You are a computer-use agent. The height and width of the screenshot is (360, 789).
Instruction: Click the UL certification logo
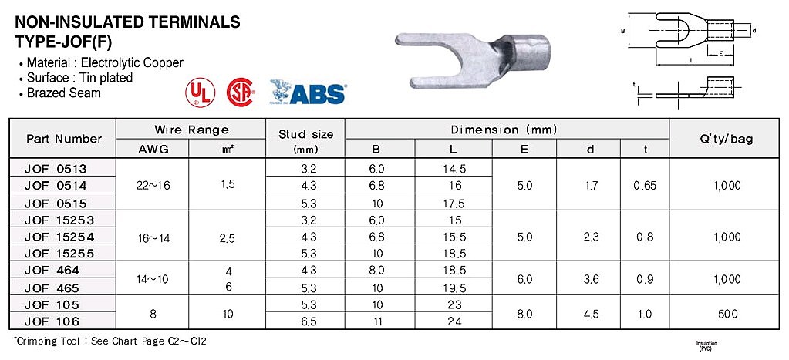tap(201, 93)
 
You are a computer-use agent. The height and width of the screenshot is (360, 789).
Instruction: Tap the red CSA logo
tap(241, 93)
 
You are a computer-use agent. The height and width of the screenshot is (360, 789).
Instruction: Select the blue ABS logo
tap(307, 92)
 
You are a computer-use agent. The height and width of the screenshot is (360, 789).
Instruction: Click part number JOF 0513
tap(56, 168)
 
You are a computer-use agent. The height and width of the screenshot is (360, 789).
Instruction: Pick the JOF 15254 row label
tap(59, 237)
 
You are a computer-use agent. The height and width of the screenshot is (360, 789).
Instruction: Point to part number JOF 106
tap(52, 321)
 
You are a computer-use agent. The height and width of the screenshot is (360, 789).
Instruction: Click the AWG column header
tap(152, 149)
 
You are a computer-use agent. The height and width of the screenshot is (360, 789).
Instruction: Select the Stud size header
tap(305, 134)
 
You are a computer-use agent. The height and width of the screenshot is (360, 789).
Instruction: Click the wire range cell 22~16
tap(152, 186)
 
